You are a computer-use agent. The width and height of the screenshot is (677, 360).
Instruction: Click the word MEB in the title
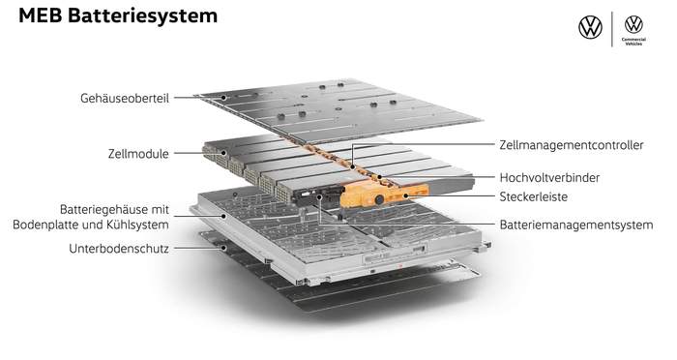41,15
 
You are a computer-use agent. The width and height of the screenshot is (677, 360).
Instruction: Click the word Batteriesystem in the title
143,16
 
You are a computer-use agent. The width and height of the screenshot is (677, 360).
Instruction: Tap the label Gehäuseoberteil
125,98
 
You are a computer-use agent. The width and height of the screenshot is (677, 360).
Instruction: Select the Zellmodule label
138,154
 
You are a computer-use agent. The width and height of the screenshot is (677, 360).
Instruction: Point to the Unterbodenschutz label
119,249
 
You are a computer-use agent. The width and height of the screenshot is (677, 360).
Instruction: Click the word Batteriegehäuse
107,210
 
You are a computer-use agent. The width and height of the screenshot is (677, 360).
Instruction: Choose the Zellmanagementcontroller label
572,145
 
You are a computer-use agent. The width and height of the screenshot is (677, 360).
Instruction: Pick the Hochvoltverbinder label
549,177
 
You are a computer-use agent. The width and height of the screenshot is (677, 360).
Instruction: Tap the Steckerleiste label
533,196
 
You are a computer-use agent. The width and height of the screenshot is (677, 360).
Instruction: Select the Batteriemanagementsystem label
576,225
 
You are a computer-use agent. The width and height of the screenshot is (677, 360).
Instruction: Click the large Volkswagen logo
590,27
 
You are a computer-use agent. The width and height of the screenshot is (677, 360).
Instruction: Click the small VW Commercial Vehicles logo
633,30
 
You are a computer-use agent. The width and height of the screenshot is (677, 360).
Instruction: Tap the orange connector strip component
384,195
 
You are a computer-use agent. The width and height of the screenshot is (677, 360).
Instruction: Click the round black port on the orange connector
379,199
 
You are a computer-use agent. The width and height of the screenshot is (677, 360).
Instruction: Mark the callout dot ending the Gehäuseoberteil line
223,98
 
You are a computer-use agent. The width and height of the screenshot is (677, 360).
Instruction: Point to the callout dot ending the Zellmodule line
223,153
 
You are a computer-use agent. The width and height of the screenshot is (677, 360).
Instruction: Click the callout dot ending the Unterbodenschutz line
223,248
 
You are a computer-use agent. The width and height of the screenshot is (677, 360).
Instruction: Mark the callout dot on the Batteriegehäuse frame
223,216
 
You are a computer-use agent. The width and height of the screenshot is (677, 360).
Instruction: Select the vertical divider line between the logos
612,29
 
